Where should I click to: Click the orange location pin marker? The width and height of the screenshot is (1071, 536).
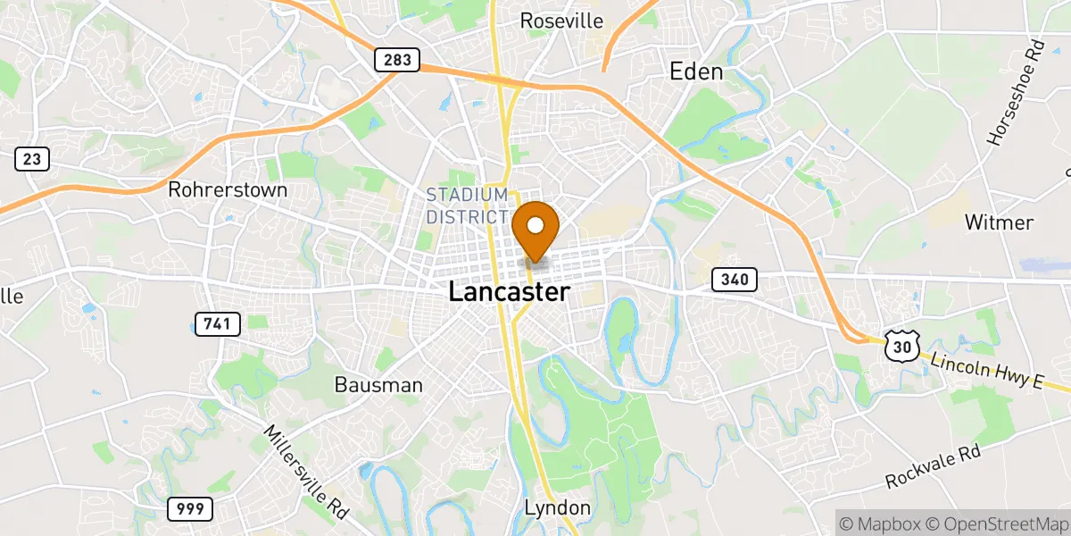pyautogui.click(x=536, y=228)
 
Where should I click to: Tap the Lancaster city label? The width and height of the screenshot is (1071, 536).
pyautogui.click(x=508, y=292)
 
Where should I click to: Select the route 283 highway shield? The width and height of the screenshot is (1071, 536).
pyautogui.click(x=394, y=60)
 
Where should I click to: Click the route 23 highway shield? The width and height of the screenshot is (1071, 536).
pyautogui.click(x=32, y=160)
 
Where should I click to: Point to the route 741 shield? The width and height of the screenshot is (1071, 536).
pyautogui.click(x=217, y=323)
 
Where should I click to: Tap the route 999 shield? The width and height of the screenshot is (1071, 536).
pyautogui.click(x=190, y=509)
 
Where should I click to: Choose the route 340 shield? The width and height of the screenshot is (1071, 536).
pyautogui.click(x=735, y=280)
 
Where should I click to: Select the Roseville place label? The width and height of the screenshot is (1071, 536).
pyautogui.click(x=561, y=21)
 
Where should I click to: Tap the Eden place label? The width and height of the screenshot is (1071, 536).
pyautogui.click(x=696, y=72)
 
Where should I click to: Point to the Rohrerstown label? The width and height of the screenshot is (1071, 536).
pyautogui.click(x=228, y=190)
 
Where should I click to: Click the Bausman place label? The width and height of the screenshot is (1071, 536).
pyautogui.click(x=378, y=385)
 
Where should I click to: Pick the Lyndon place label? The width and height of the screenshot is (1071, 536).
pyautogui.click(x=557, y=508)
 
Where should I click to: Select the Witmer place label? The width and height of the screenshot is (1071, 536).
pyautogui.click(x=999, y=222)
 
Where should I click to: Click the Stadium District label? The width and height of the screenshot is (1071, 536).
pyautogui.click(x=467, y=206)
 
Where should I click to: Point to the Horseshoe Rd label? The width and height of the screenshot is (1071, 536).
pyautogui.click(x=1015, y=105)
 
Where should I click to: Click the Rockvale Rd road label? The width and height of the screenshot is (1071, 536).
pyautogui.click(x=932, y=467)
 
